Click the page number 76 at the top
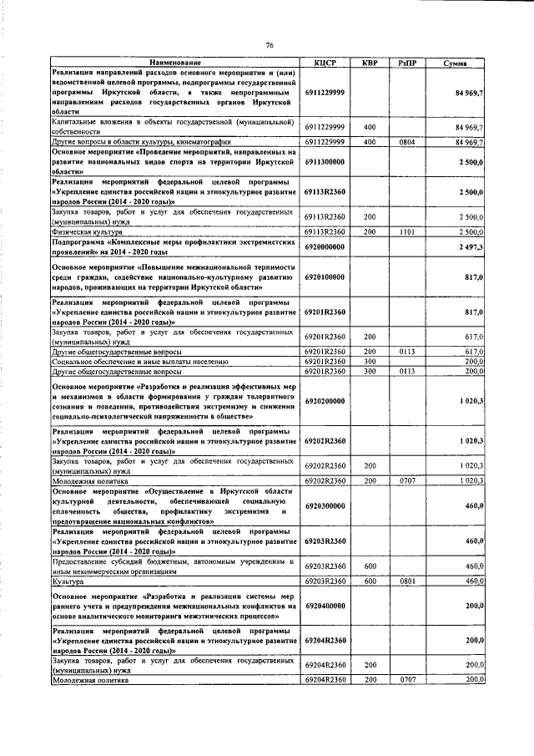click(270, 44)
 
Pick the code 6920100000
click(325, 277)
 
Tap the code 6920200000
click(325, 401)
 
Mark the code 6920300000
click(325, 505)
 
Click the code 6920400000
click(325, 604)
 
